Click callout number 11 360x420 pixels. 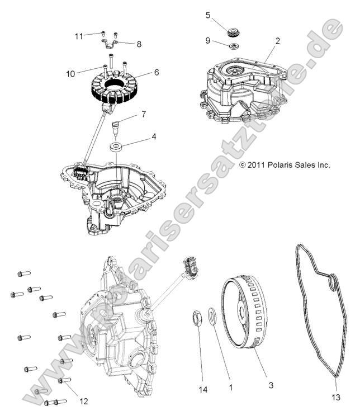[x=79, y=36]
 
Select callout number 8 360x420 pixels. [x=139, y=43]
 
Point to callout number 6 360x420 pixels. [x=156, y=72]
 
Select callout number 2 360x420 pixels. [x=277, y=41]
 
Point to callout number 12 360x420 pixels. [x=84, y=400]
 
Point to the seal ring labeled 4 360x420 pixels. [x=116, y=147]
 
